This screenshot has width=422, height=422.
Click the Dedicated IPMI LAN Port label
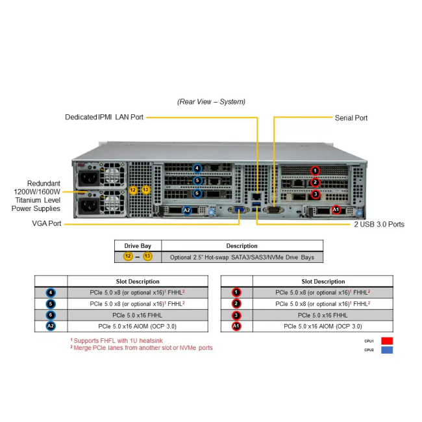point(104,117)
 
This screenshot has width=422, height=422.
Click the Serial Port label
point(351,118)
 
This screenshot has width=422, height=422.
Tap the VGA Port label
point(46,223)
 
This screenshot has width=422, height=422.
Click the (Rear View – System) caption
point(211,101)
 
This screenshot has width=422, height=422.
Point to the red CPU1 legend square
point(387,340)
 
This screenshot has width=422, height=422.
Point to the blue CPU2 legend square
point(387,350)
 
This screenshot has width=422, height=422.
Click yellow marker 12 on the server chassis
point(133,190)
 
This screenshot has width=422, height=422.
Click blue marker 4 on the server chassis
point(197,168)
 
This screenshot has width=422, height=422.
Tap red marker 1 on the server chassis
point(315,171)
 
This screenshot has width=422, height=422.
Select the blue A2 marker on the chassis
point(187,210)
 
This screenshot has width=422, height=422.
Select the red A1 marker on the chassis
point(336,209)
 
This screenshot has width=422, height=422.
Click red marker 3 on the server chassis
point(316,193)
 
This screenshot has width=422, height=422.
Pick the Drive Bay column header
point(138,246)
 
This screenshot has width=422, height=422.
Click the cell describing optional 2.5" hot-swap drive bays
point(242,257)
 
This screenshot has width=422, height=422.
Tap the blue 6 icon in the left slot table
point(51,315)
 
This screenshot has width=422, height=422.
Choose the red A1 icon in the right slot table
point(236,326)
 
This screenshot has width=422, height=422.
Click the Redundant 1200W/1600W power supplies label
point(37,195)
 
